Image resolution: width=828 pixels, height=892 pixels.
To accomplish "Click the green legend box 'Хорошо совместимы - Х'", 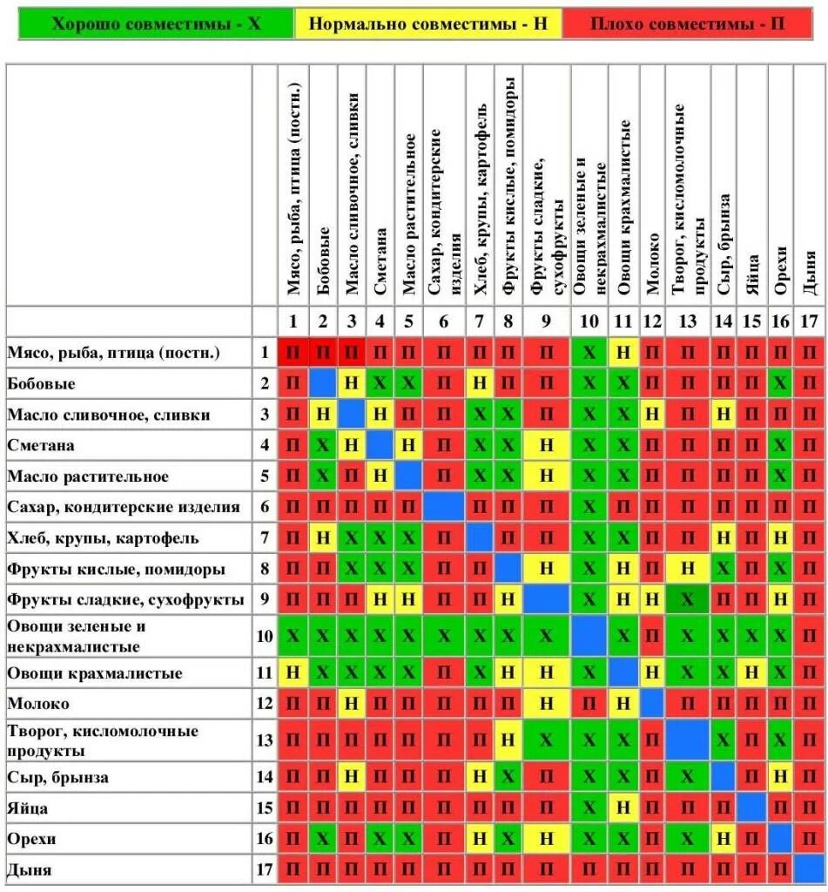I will tap(156, 24).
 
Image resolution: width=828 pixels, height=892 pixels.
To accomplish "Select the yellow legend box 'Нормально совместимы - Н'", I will tap(428, 24).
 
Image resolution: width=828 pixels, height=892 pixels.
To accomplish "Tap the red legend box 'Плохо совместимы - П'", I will tap(687, 24).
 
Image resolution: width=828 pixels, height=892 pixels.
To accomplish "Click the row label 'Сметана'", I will tap(41, 446).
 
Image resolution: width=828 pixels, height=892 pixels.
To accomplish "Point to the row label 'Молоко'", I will tap(38, 703).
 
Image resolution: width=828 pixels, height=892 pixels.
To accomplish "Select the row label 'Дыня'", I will tap(30, 869).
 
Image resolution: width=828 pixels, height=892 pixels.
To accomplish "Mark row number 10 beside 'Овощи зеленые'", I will tap(265, 637).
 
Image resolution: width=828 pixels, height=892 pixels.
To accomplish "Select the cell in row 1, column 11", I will tap(623, 353).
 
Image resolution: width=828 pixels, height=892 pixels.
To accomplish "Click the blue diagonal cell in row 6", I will tap(443, 507).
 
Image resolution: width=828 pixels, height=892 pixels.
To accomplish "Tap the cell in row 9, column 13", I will tap(688, 600).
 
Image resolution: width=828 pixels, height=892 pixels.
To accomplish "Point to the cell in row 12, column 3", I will tap(351, 703).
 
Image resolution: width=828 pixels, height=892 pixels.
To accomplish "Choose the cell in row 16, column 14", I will tap(724, 839).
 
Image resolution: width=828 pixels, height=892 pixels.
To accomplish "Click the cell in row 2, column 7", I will tap(479, 383).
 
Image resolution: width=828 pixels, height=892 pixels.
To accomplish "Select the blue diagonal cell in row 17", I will tap(809, 869).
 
